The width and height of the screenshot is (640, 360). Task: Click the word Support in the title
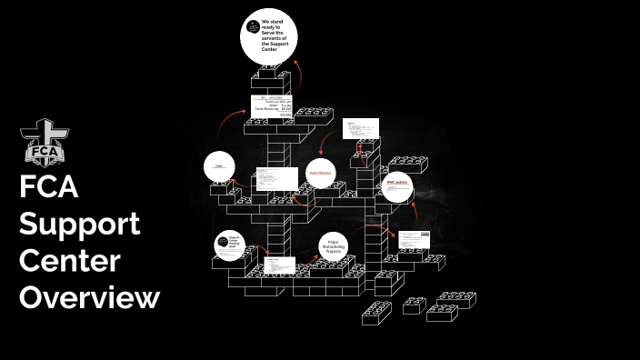80,224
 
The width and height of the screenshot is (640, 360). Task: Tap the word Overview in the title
90,296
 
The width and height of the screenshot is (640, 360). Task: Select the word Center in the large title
70,260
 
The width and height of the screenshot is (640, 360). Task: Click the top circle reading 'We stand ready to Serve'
269,36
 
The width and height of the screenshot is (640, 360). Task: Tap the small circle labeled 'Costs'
219,166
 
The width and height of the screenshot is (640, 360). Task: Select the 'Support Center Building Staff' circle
230,246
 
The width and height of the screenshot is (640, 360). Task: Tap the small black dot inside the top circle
252,30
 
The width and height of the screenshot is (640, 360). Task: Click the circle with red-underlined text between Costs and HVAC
320,173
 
